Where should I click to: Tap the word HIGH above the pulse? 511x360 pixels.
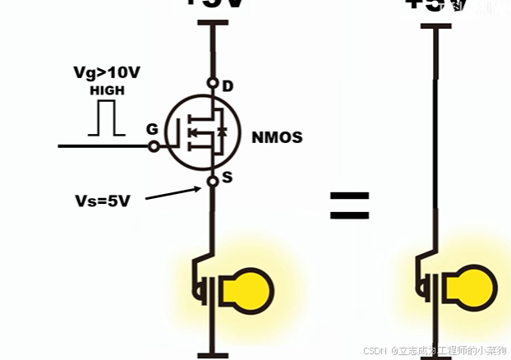click(106, 90)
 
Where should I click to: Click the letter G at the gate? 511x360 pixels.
click(152, 129)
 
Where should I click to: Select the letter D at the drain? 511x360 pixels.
click(228, 85)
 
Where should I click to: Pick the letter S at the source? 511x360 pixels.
click(228, 177)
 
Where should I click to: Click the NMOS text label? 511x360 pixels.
click(277, 137)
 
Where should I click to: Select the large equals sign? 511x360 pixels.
click(349, 205)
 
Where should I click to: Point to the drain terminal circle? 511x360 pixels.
click(212, 83)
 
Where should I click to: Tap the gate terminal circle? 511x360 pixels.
click(153, 146)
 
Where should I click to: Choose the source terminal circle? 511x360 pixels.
click(212, 180)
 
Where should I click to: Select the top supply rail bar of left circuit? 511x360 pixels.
click(212, 25)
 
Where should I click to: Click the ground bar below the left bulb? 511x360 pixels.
click(212, 355)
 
